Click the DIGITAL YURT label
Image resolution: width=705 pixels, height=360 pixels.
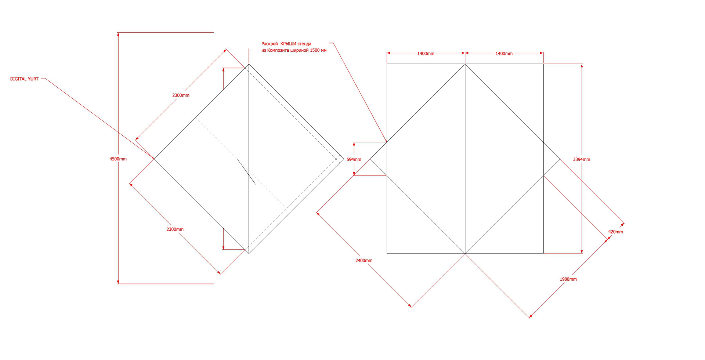coord(24,79)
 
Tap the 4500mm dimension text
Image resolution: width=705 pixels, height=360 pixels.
coord(118,159)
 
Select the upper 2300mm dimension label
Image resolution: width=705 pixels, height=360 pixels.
coord(181,95)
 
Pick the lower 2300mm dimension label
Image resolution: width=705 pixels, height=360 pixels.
coord(175,229)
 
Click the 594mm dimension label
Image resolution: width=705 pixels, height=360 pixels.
coord(354,160)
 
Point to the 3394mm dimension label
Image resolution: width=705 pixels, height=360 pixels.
coord(581,160)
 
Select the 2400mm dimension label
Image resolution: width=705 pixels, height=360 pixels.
coord(364,261)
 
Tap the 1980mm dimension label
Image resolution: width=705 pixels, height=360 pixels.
coord(568,279)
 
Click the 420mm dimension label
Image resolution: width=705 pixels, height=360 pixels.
coord(615,232)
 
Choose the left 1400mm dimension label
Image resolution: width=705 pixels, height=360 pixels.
coord(426,54)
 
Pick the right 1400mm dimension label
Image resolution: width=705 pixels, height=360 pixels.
coord(504,54)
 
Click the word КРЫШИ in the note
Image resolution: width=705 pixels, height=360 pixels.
coord(288,44)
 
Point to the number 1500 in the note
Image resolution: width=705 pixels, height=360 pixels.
coord(315,50)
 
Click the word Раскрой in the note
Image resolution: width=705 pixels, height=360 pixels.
coord(270,44)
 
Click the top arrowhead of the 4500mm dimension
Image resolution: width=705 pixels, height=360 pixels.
coord(118,34)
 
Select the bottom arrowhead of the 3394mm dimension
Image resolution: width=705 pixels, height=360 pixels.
coord(582,252)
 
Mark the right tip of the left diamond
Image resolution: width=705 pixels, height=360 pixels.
coord(343,159)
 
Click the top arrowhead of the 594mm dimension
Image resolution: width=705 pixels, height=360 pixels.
coord(354,144)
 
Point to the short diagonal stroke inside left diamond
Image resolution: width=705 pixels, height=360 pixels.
coord(246,171)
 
